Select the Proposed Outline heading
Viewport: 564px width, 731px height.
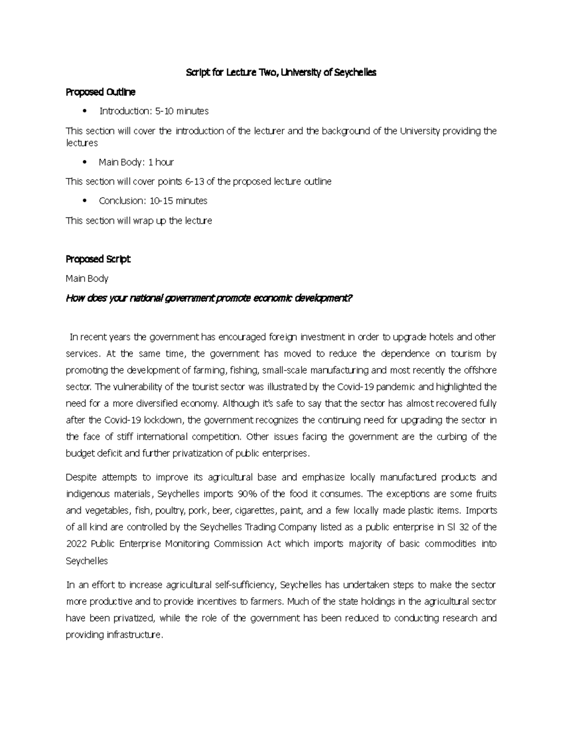coord(100,92)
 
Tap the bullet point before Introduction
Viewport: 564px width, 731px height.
coord(85,112)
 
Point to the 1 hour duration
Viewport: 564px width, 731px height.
coord(161,162)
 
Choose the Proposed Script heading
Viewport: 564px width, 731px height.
coord(98,259)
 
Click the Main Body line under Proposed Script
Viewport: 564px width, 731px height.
coord(87,278)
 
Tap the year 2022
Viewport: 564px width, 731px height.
coord(76,544)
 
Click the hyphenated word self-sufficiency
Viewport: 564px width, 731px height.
coord(244,585)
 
